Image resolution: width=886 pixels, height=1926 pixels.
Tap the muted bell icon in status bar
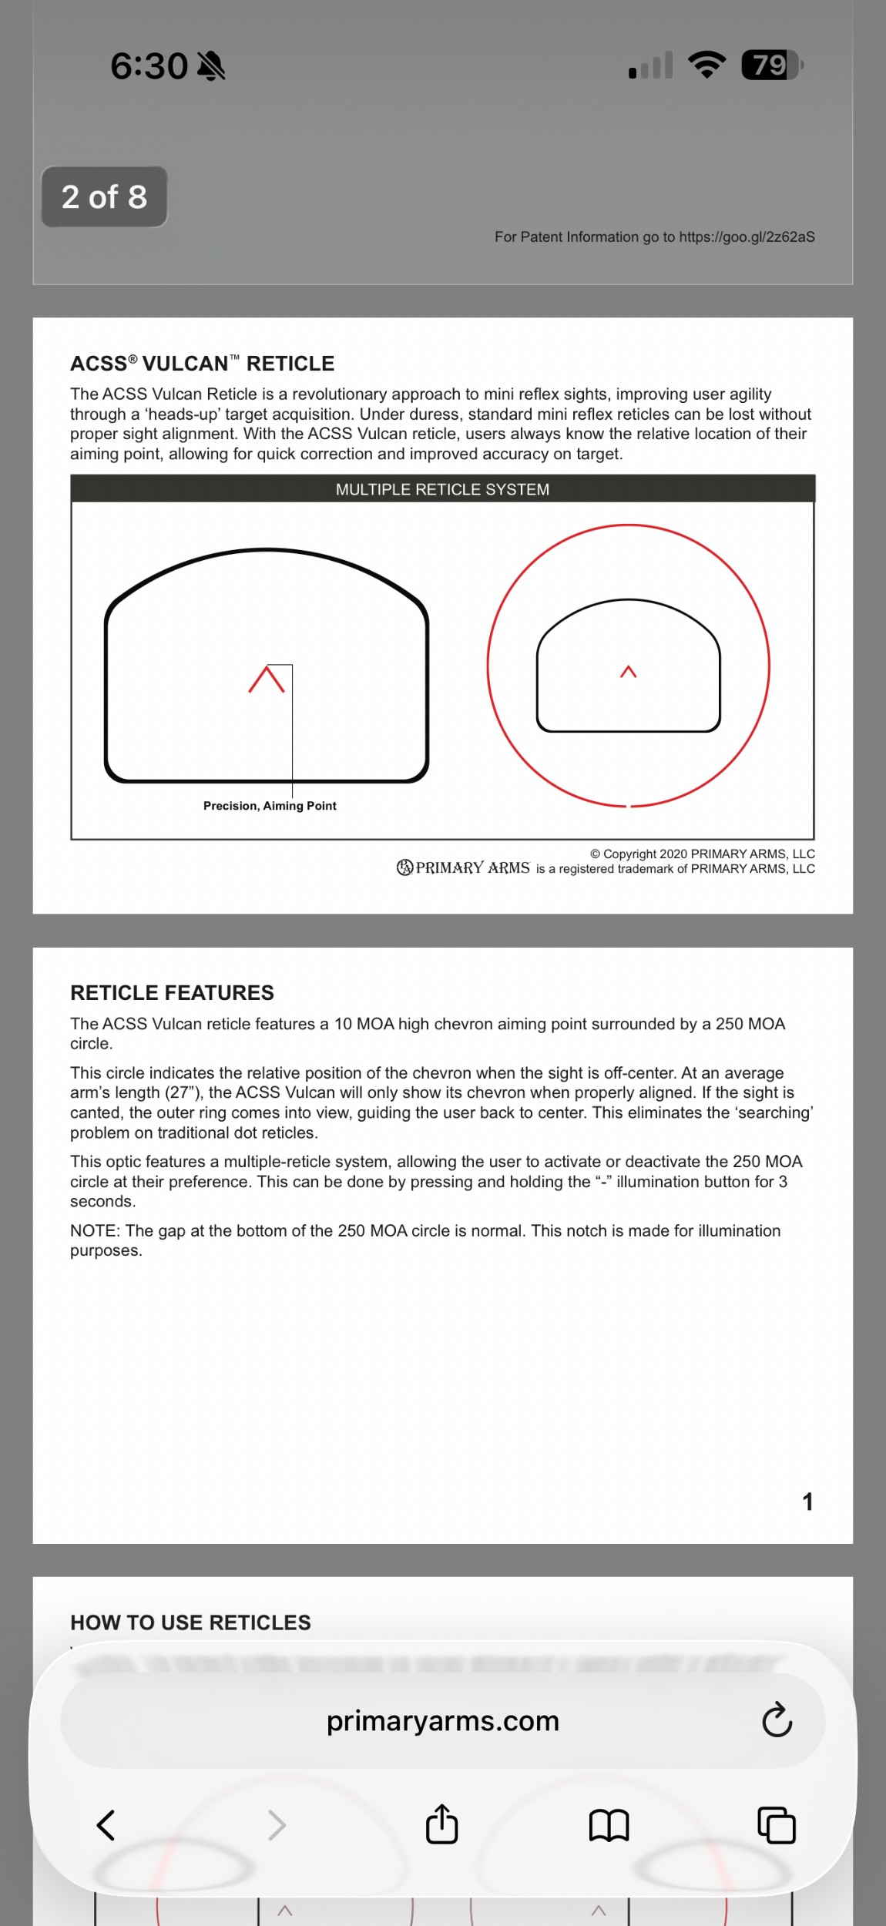(x=211, y=66)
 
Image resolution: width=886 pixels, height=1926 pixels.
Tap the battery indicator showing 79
(x=770, y=65)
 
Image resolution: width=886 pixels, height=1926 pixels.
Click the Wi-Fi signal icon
(x=706, y=65)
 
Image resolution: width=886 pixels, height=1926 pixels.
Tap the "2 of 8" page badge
(x=104, y=197)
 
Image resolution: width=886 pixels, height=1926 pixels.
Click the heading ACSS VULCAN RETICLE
(x=202, y=364)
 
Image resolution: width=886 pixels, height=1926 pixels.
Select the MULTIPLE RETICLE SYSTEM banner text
(x=442, y=490)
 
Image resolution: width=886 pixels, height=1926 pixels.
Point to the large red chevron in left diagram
(x=267, y=679)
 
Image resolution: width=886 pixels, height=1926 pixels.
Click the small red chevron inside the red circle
(x=629, y=672)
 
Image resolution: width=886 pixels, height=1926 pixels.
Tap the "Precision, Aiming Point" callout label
(x=270, y=806)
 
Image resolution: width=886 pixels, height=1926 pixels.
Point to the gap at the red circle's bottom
(x=629, y=807)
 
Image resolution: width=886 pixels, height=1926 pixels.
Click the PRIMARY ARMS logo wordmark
(x=464, y=868)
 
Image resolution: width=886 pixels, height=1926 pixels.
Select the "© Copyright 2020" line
(x=702, y=854)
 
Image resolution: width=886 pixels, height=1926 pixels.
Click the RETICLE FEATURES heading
(x=172, y=993)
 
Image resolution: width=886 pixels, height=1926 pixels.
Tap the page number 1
(x=807, y=1502)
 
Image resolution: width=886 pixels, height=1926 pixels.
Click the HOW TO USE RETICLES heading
(x=190, y=1623)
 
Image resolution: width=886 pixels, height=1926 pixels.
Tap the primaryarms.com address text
(x=442, y=1721)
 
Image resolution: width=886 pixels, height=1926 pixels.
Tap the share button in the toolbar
(x=442, y=1824)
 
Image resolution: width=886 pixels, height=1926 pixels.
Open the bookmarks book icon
(x=609, y=1825)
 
